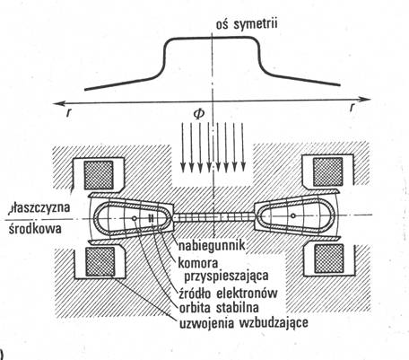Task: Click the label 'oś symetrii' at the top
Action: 247,23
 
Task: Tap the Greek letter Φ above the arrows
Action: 199,114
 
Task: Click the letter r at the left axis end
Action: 69,112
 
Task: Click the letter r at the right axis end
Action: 353,108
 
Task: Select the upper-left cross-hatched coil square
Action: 99,175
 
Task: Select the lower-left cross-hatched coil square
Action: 100,261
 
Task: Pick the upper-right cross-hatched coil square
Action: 327,171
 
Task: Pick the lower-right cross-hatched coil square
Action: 329,259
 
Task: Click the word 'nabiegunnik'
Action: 212,246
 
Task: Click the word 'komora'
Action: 198,263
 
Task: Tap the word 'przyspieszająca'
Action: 226,277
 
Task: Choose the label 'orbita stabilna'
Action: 219,308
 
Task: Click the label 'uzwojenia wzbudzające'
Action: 243,323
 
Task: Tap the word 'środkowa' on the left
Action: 35,229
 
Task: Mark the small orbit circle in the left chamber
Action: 135,218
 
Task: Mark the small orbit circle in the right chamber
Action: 293,215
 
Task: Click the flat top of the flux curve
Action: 212,37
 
